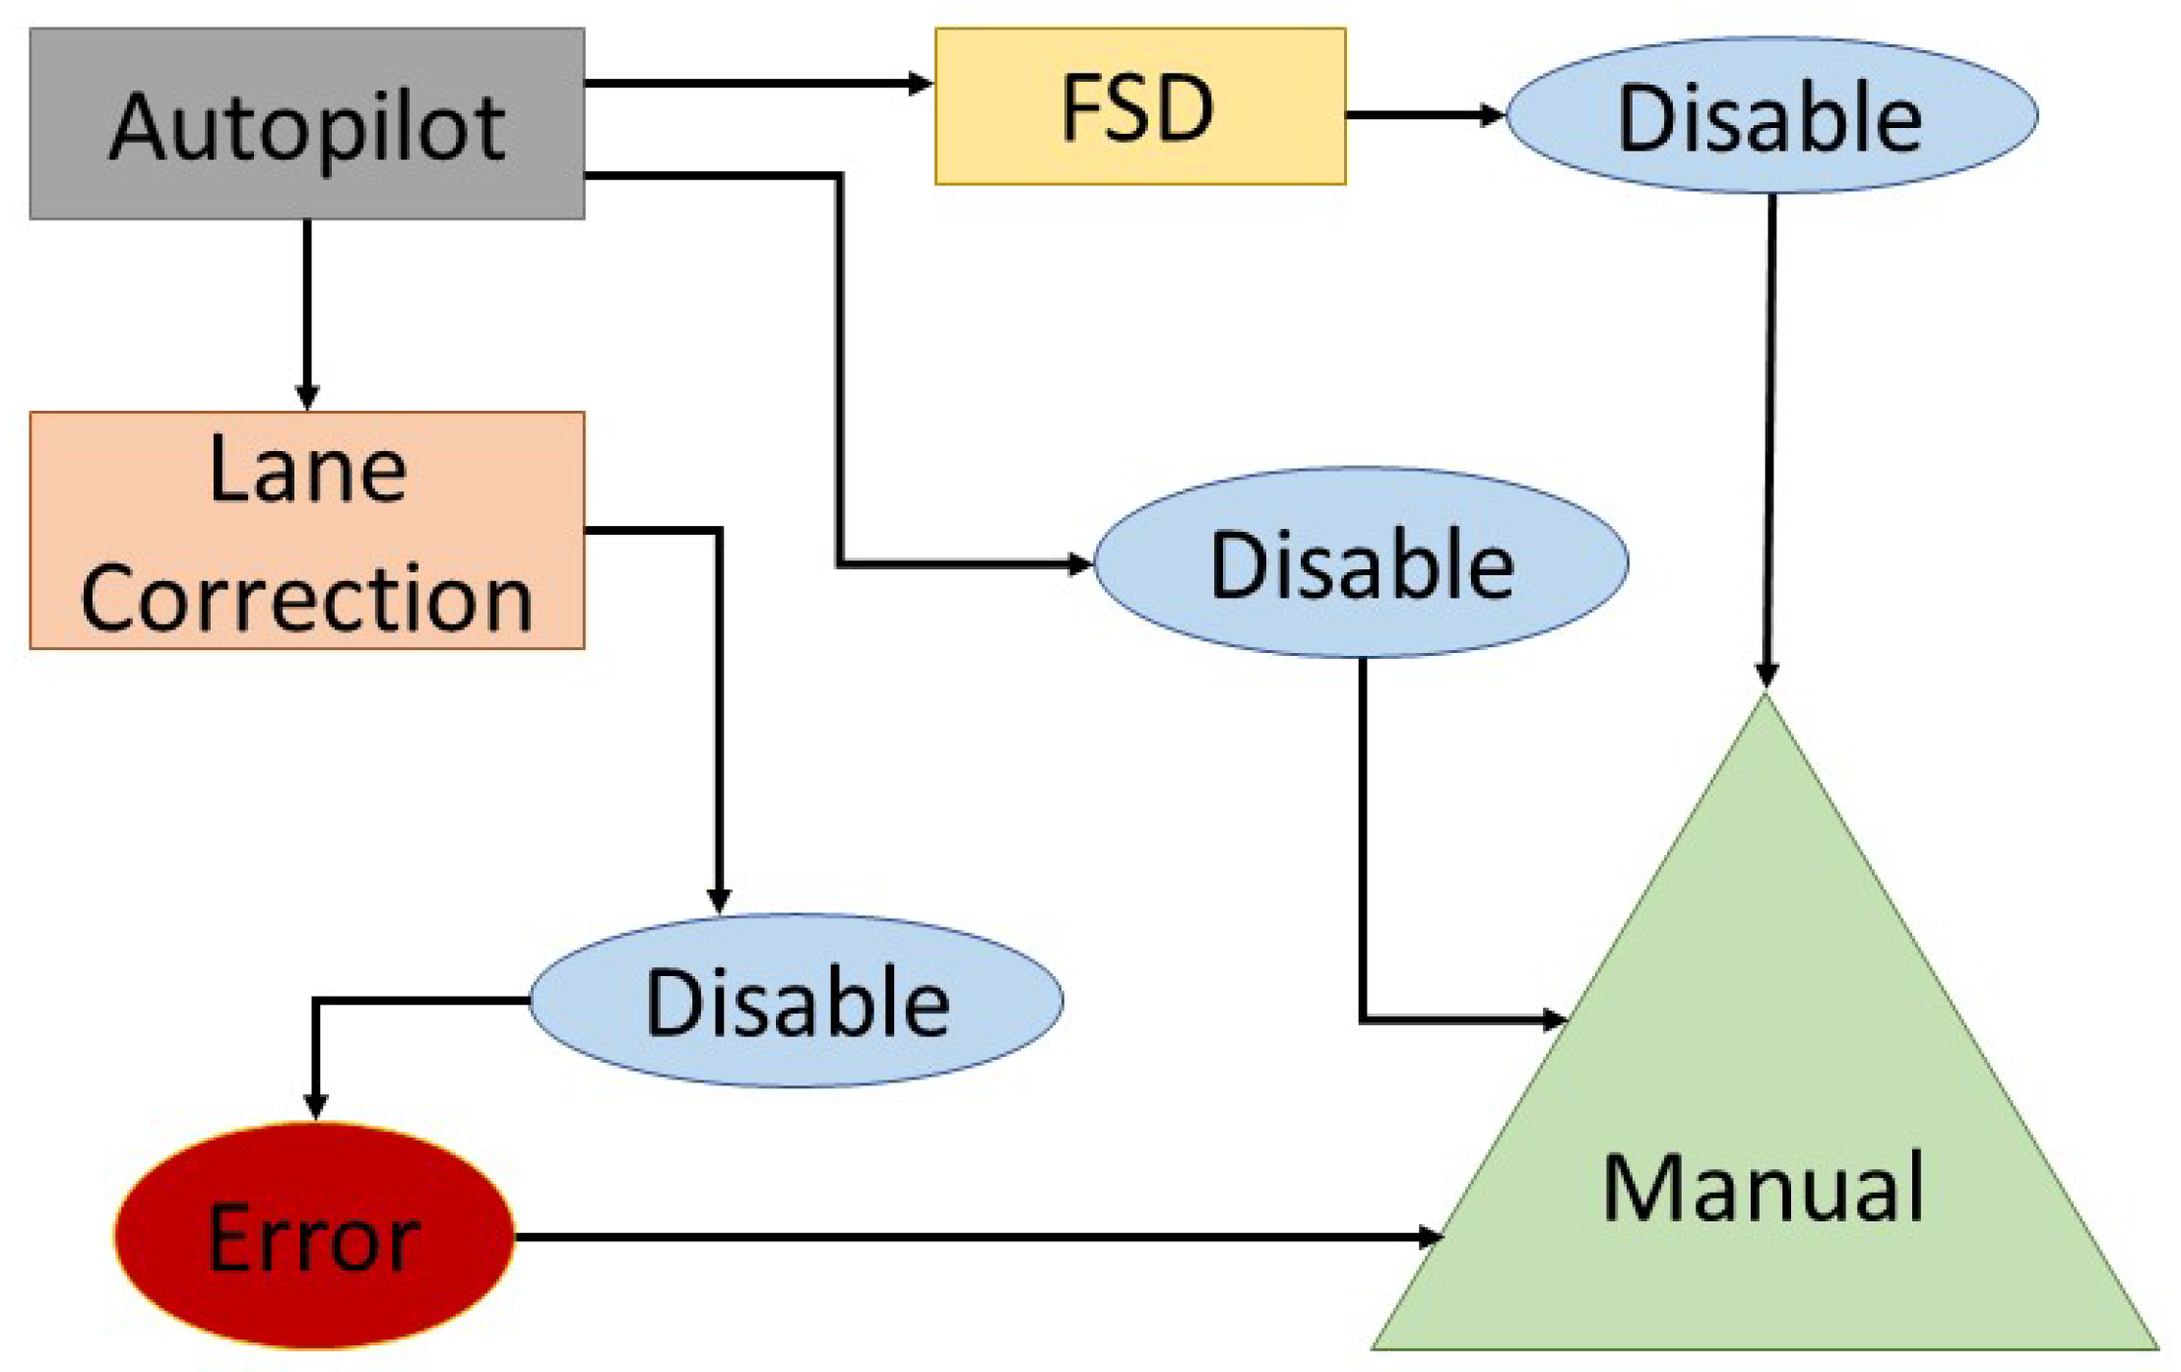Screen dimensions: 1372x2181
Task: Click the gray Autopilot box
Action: point(306,123)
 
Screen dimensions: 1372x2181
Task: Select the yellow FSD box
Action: point(1139,106)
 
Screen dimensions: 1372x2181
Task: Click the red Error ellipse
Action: point(314,1236)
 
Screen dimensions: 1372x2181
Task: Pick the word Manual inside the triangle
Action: point(1763,1188)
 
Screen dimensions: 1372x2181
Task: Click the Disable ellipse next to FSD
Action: point(1770,116)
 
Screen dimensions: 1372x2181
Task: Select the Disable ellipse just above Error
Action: point(796,1001)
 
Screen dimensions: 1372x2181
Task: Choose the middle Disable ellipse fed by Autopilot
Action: point(1361,562)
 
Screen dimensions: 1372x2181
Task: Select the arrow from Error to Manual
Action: point(975,1236)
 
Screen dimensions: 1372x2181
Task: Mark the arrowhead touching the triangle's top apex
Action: point(1766,675)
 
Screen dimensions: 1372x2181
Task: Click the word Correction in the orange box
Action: point(306,598)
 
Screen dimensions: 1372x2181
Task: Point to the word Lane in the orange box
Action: point(307,471)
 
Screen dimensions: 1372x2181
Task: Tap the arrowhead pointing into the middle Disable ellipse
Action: point(1080,564)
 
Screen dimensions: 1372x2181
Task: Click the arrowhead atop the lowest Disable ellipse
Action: point(719,899)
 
